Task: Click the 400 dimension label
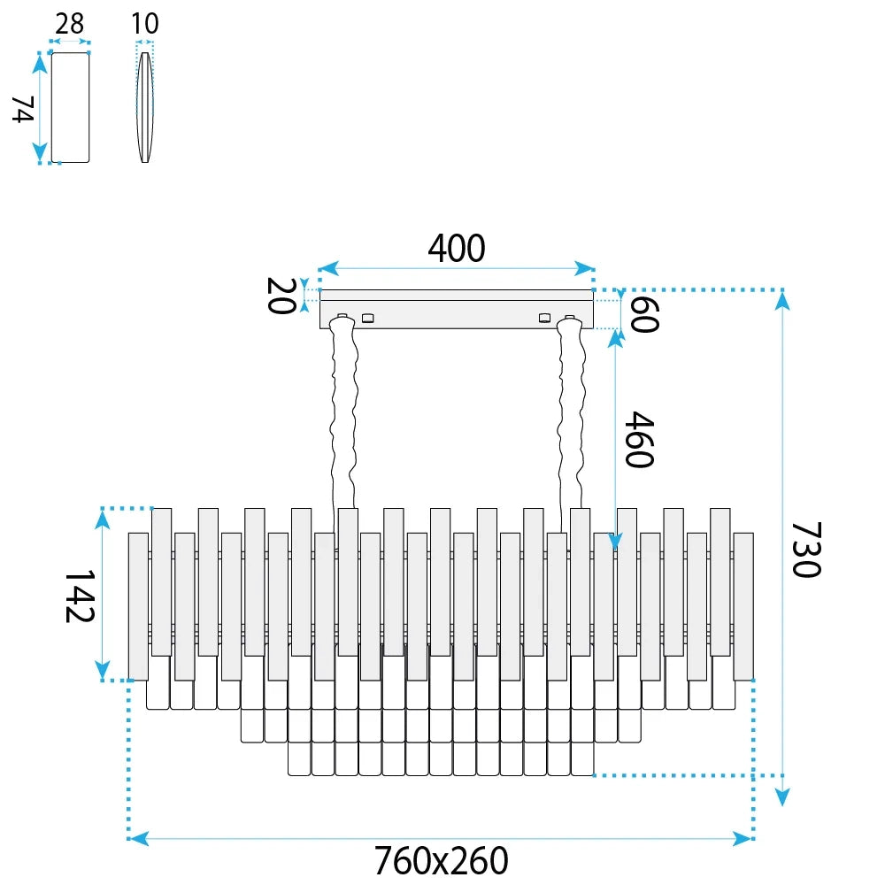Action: [x=456, y=248]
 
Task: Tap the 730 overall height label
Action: [x=806, y=550]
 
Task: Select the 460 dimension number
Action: [x=640, y=439]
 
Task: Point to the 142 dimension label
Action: [x=80, y=596]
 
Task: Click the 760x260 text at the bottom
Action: [x=442, y=860]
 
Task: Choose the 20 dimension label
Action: [x=281, y=296]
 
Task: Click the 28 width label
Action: [x=69, y=24]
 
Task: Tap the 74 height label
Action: [x=24, y=109]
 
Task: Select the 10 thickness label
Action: [x=145, y=24]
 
